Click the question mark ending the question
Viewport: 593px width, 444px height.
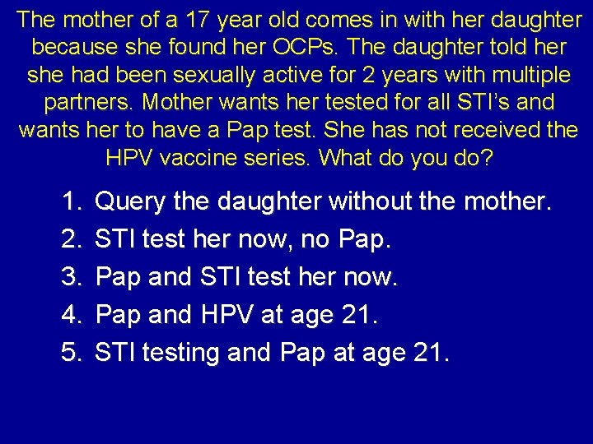(487, 157)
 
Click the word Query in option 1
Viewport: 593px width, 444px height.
(130, 201)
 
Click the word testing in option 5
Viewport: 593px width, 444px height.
(181, 354)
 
